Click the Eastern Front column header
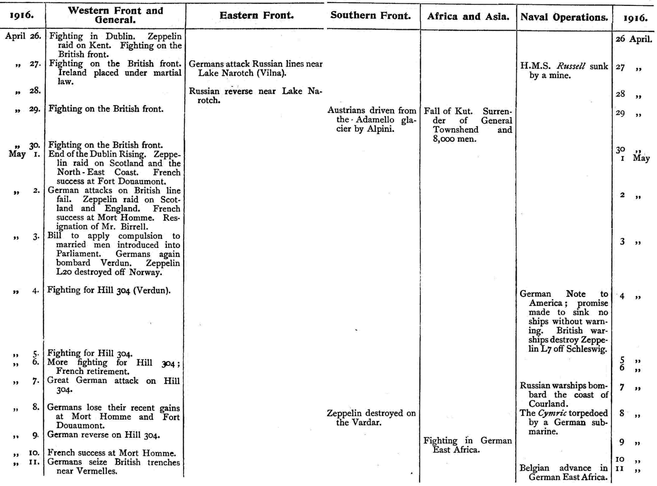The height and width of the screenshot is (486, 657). coord(257,16)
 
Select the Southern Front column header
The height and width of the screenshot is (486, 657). coord(371,16)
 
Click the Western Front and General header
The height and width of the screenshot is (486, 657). coord(115,15)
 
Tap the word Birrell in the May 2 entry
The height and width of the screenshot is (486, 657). coord(135,227)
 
